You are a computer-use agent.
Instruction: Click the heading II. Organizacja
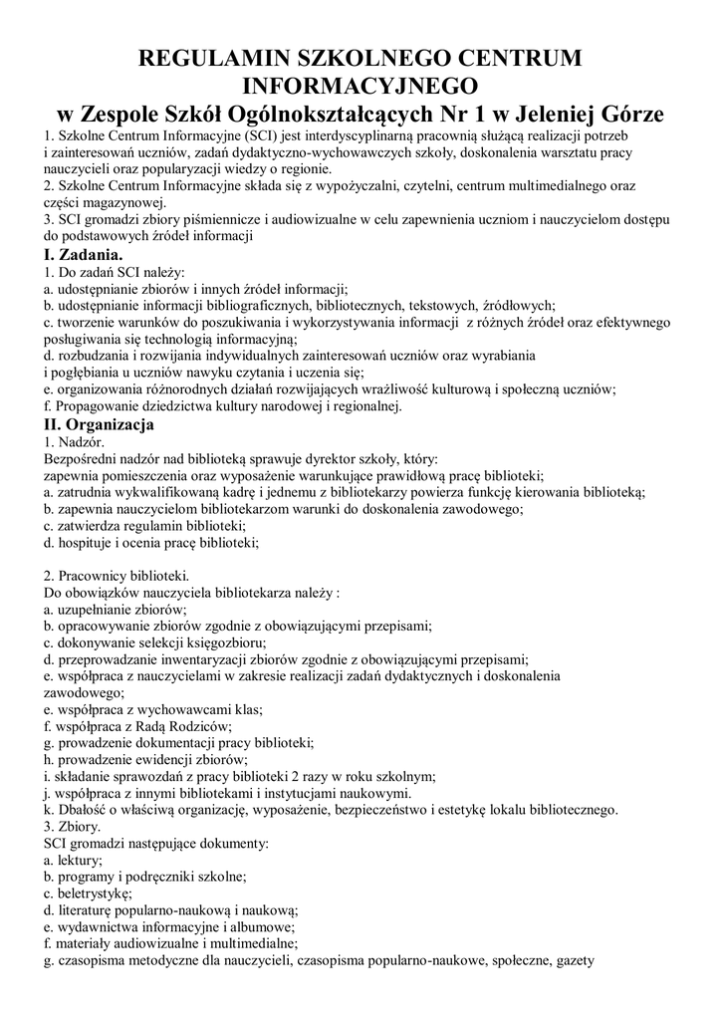pos(99,424)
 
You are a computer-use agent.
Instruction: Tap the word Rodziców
pos(199,727)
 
